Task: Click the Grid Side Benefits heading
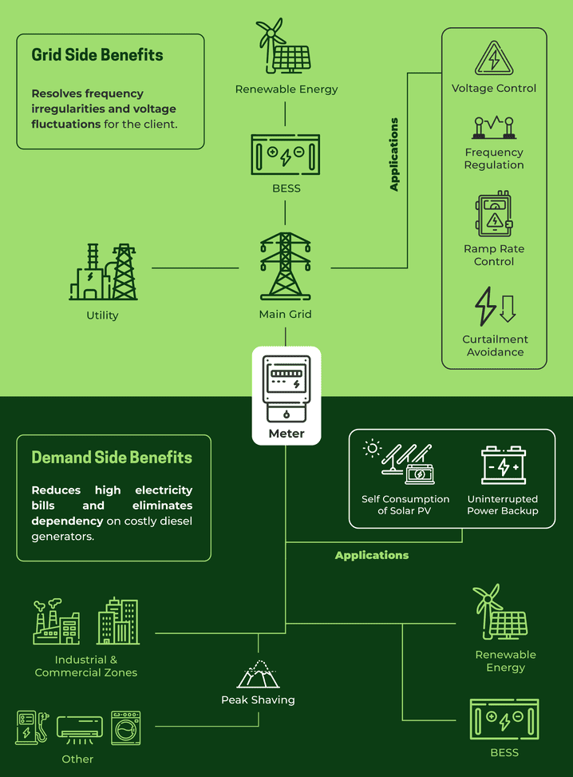pyautogui.click(x=97, y=55)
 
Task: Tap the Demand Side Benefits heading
pyautogui.click(x=112, y=458)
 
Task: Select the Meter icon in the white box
pyautogui.click(x=286, y=387)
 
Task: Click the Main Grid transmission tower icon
pyautogui.click(x=285, y=267)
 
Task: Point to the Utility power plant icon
pyautogui.click(x=103, y=272)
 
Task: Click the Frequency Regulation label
pyautogui.click(x=494, y=158)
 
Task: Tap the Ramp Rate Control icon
pyautogui.click(x=494, y=213)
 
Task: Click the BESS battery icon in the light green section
pyautogui.click(x=285, y=154)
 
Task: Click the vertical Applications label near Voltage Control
pyautogui.click(x=394, y=154)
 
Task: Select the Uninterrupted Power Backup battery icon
pyautogui.click(x=503, y=465)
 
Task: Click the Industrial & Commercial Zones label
pyautogui.click(x=86, y=666)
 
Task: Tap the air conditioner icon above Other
pyautogui.click(x=80, y=727)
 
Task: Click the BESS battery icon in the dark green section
pyautogui.click(x=504, y=720)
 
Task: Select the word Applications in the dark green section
pyautogui.click(x=371, y=555)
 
